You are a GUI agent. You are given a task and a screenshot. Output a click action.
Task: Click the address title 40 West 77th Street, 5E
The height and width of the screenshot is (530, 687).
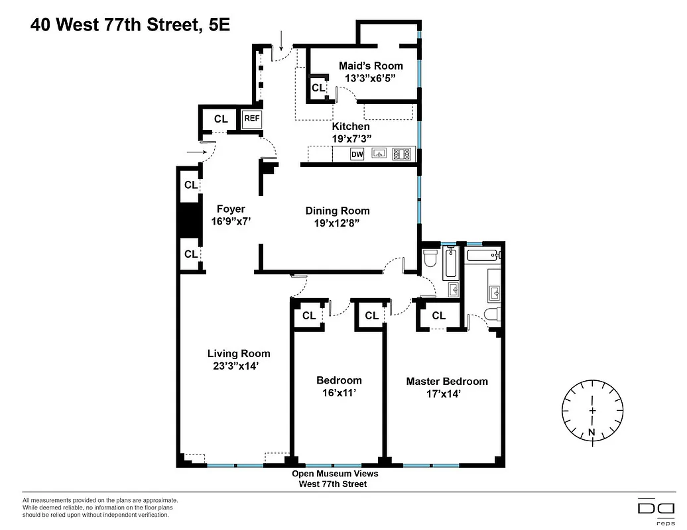click(130, 25)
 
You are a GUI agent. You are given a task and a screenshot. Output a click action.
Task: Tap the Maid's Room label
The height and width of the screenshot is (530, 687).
click(371, 66)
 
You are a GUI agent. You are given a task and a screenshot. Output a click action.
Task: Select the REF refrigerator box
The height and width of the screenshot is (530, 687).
click(252, 119)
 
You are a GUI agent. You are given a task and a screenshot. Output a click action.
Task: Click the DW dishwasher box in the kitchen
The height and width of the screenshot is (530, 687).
click(357, 154)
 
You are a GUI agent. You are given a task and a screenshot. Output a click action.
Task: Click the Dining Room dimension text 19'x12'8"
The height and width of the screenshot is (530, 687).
click(338, 223)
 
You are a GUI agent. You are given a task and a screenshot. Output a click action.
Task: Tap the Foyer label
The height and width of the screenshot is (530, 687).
click(231, 209)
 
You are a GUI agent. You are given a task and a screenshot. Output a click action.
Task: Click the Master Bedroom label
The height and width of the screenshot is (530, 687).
click(447, 381)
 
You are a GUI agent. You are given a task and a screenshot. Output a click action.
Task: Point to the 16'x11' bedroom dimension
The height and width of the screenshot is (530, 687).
click(339, 392)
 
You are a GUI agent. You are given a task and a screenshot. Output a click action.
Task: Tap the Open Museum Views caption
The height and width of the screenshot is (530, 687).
click(336, 474)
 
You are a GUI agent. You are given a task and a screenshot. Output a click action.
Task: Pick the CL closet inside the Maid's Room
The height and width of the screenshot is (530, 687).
click(318, 87)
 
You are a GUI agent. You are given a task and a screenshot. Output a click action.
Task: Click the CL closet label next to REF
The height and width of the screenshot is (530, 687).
click(221, 119)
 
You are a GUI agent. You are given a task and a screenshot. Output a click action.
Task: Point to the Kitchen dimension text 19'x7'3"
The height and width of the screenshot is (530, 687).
click(351, 138)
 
